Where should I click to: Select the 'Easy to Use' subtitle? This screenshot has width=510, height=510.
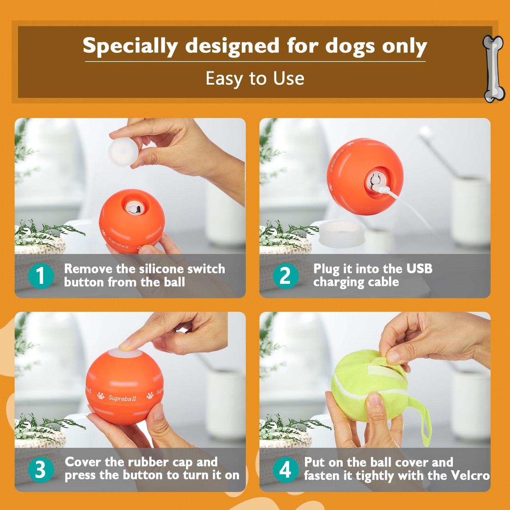pos(255,78)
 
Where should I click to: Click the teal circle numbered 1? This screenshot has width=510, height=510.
pos(41,276)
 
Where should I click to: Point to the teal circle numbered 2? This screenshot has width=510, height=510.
pos(286,276)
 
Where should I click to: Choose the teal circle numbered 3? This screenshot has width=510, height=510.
pos(41,469)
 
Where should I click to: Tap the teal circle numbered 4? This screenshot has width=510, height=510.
pos(286,469)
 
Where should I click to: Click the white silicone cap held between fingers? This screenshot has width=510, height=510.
pos(123,152)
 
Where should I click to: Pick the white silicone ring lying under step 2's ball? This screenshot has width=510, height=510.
pos(342,233)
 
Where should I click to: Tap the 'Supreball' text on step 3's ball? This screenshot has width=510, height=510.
pos(122,398)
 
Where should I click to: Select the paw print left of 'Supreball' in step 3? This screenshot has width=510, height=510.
pos(101,396)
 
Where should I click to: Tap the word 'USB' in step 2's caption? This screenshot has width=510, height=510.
pos(419,269)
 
